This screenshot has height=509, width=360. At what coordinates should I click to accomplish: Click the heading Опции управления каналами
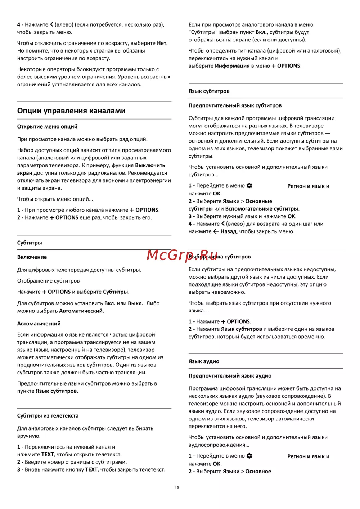pos(71,111)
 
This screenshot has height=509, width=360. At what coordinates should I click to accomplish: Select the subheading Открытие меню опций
pos(47,127)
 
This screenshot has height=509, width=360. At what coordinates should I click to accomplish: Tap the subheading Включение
pos(32,257)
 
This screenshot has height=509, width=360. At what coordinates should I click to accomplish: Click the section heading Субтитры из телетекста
pos(48,416)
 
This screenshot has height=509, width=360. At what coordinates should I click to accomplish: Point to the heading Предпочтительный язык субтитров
pos(235,106)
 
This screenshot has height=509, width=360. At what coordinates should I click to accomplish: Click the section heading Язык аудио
pos(204,361)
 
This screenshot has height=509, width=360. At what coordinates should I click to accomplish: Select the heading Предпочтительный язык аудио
pos(230,376)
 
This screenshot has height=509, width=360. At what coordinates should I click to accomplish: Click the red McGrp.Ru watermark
pos(182,255)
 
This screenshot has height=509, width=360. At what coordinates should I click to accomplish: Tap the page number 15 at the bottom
pos(177,488)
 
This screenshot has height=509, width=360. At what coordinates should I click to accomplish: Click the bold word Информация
pos(232,66)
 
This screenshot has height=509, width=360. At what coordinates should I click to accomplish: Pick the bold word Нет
pos(162,43)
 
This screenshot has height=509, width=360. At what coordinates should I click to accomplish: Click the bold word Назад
pos(229,231)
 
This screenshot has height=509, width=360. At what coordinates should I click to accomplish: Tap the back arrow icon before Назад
pos(216,231)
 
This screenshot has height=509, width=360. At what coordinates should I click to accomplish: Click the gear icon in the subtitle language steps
pos(249,186)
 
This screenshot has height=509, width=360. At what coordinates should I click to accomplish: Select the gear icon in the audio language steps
pos(249,456)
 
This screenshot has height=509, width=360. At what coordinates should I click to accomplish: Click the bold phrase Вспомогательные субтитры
pos(262,209)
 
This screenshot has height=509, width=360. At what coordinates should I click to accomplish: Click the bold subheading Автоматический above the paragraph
pos(39,324)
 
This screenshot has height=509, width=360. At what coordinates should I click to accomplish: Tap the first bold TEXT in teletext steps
pos(48,455)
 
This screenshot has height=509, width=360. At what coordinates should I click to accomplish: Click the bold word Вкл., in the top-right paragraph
pos(262,32)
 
